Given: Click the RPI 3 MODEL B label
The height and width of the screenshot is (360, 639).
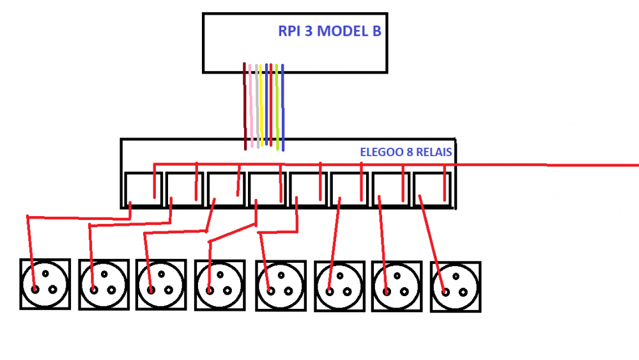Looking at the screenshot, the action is pos(329,31).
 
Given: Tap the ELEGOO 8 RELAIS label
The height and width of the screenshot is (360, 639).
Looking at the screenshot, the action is pos(406,152).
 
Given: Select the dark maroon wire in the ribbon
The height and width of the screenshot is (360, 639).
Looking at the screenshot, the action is pos(245,106).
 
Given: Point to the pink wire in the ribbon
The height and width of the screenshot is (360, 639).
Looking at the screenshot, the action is pos(250,106).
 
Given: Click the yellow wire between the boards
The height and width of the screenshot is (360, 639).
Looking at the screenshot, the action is pos(261,106).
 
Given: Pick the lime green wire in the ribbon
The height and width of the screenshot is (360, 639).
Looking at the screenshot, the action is pos(277,107).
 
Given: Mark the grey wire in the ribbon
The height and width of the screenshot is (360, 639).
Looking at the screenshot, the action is pos(257,106).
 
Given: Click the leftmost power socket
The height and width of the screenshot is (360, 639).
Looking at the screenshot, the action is pos(45,284).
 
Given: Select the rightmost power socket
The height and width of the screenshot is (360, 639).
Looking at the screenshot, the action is pos(456,287).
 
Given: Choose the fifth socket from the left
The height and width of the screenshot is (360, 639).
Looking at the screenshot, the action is pos(281,286).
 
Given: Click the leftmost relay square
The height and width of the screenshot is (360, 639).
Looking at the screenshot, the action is pos(143,190).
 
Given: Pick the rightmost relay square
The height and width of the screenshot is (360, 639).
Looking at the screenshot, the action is pos(433,190).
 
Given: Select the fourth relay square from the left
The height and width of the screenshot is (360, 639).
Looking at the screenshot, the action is pos(267,190).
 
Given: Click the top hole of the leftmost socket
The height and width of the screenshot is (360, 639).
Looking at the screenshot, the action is pos(45,274).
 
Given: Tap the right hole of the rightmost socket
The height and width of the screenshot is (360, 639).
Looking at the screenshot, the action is pos(463,292).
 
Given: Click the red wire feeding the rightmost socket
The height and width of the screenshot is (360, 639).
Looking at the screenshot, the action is pos(433,244).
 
